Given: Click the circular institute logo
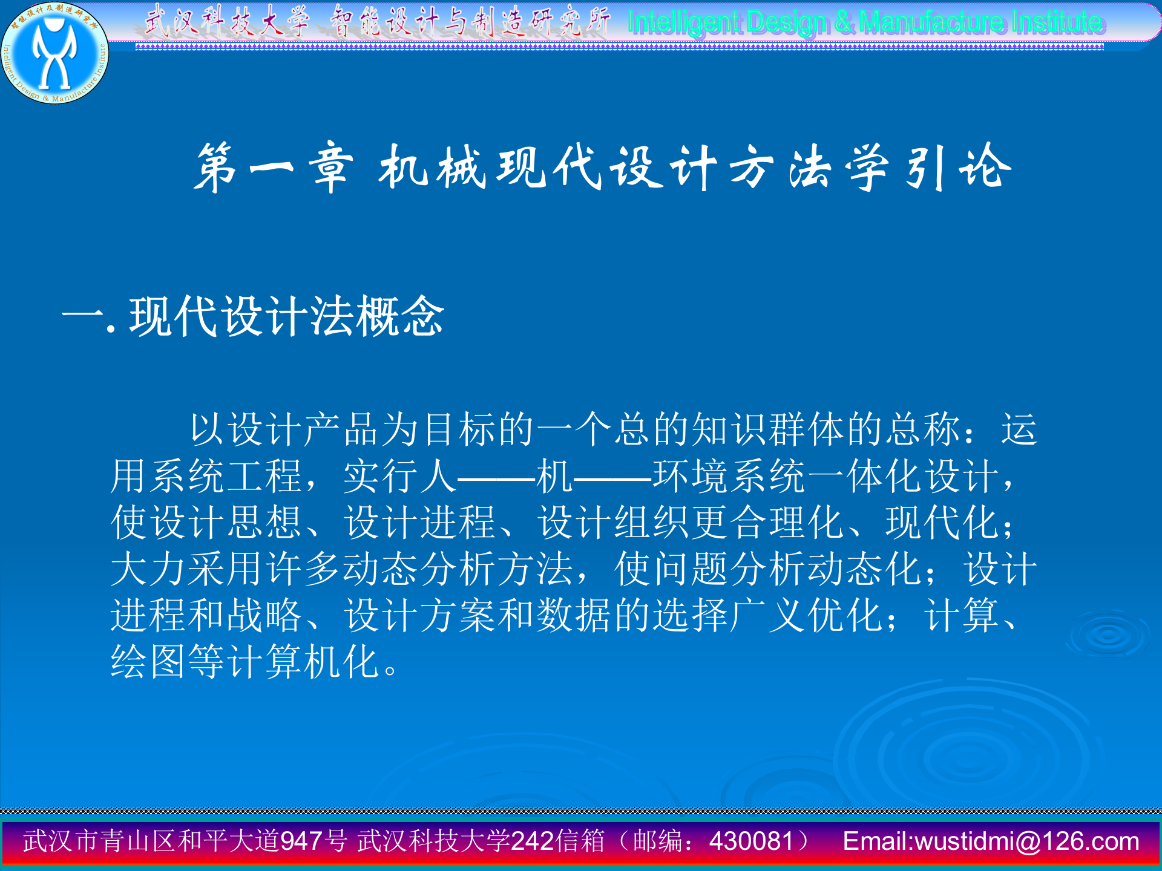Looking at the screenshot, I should pyautogui.click(x=55, y=53).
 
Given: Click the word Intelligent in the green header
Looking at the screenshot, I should pyautogui.click(x=683, y=23).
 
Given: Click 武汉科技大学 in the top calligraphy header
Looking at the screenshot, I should pyautogui.click(x=228, y=22).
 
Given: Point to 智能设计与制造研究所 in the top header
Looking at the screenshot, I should pyautogui.click(x=470, y=22).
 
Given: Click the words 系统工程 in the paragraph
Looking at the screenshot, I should pyautogui.click(x=227, y=476).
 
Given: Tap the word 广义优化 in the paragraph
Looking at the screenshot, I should pyautogui.click(x=807, y=615).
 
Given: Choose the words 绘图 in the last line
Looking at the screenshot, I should pyautogui.click(x=148, y=661).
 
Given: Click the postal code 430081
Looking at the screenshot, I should pyautogui.click(x=751, y=841).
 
